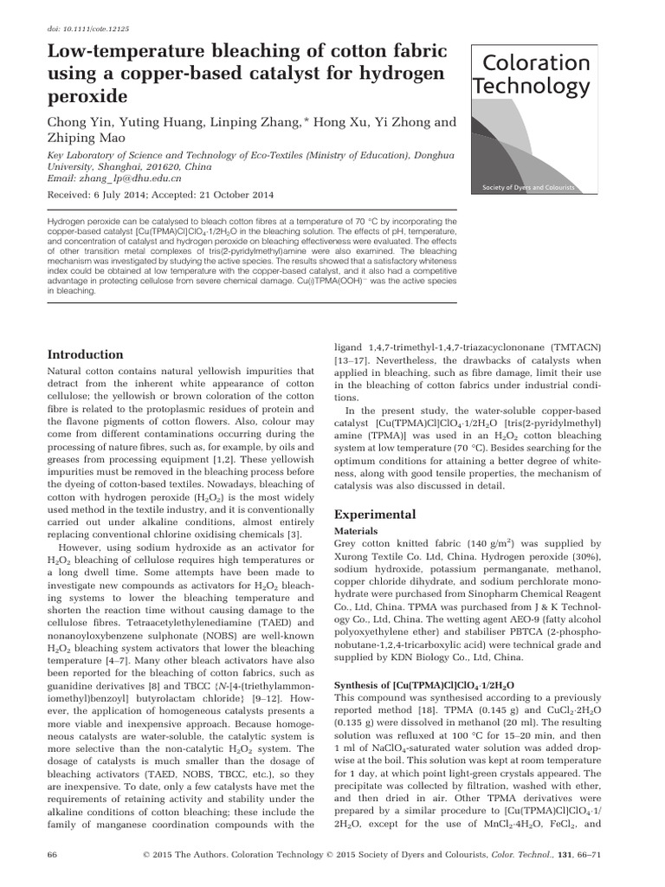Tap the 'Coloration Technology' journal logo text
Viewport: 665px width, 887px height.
point(530,74)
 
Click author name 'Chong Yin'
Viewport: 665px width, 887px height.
point(85,122)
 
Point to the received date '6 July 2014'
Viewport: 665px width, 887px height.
point(138,195)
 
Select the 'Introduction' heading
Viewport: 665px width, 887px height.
point(85,354)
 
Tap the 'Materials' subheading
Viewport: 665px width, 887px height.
point(358,531)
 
